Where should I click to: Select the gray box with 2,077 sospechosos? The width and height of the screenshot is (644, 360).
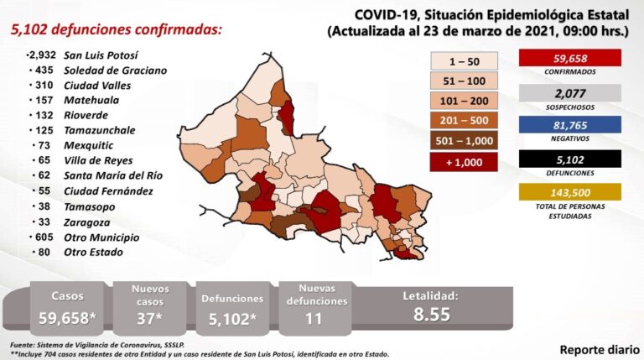tap(569, 93)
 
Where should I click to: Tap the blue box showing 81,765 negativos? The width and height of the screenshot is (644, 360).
tap(569, 126)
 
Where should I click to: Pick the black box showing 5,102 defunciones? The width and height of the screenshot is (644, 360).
tap(569, 159)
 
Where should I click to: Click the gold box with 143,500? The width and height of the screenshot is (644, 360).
tap(569, 192)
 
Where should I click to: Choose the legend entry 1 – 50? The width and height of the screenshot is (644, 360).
tap(464, 60)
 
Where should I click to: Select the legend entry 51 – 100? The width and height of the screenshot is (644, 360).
tap(464, 80)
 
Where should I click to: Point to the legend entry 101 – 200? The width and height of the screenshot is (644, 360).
tap(464, 100)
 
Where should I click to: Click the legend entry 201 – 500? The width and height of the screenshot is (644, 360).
tap(464, 120)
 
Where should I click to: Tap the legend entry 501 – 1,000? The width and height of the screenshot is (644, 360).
tap(464, 140)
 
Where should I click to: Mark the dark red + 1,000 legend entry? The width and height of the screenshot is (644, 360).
tap(464, 162)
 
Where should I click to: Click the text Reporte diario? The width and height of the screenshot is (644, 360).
tap(596, 347)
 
